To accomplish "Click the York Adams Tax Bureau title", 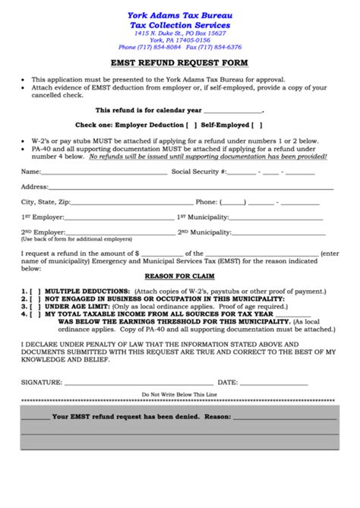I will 180,15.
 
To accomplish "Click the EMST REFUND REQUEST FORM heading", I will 180,62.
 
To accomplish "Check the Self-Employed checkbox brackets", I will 257,125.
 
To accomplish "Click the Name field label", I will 31,172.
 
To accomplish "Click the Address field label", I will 35,187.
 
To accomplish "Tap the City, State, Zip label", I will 46,202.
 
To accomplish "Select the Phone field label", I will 207,202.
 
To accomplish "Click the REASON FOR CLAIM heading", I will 180,277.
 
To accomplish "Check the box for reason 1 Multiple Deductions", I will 36,292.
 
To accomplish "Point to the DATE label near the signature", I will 228,381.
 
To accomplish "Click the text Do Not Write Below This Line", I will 180,394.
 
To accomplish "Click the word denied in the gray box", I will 187,416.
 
